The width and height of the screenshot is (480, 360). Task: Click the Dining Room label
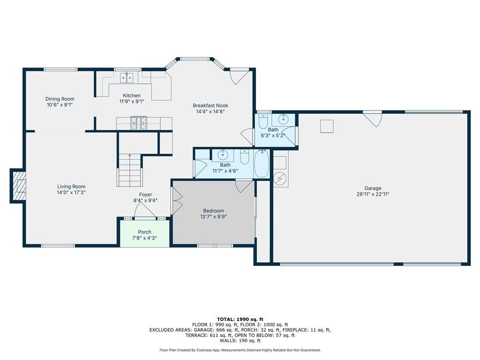pyautogui.click(x=60, y=99)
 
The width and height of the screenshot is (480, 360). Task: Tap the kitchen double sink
pyautogui.click(x=127, y=78)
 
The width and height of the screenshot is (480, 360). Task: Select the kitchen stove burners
pyautogui.click(x=139, y=123)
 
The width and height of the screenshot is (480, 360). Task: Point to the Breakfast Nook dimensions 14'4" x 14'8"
pyautogui.click(x=210, y=112)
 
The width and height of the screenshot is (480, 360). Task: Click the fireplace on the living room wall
pyautogui.click(x=18, y=186)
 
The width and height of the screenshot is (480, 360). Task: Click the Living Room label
pyautogui.click(x=71, y=187)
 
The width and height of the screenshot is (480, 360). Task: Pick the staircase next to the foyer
pyautogui.click(x=130, y=170)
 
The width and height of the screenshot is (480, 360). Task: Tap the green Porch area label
pyautogui.click(x=144, y=232)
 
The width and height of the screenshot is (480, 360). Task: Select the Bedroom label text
pyautogui.click(x=213, y=210)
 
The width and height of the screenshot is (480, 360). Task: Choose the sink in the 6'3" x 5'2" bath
pyautogui.click(x=284, y=120)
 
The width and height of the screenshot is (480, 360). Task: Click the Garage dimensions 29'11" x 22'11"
pyautogui.click(x=373, y=194)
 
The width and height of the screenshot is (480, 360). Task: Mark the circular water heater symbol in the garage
pyautogui.click(x=280, y=180)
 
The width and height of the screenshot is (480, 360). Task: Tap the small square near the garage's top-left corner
pyautogui.click(x=327, y=127)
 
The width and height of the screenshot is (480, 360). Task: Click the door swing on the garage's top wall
pyautogui.click(x=373, y=120)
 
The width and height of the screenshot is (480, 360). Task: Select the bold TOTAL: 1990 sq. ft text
pyautogui.click(x=240, y=319)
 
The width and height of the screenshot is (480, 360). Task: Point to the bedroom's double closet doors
pyautogui.click(x=177, y=201)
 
